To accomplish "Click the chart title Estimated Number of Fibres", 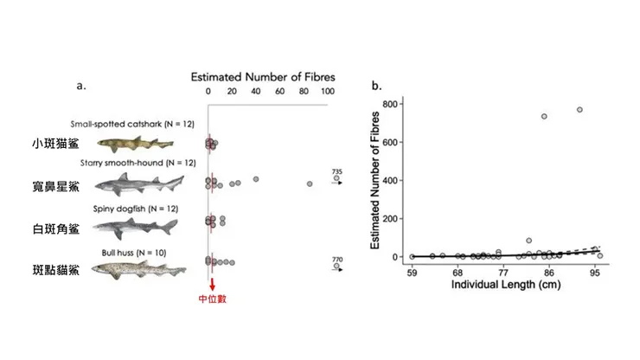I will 263,75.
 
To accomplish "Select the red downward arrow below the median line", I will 211,283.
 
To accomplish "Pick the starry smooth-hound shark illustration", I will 138,183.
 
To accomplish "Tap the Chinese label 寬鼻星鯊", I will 55,186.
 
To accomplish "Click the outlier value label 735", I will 337,172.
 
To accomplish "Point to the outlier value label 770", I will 337,259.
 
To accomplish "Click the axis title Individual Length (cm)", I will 503,285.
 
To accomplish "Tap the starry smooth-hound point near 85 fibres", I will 309,183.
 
